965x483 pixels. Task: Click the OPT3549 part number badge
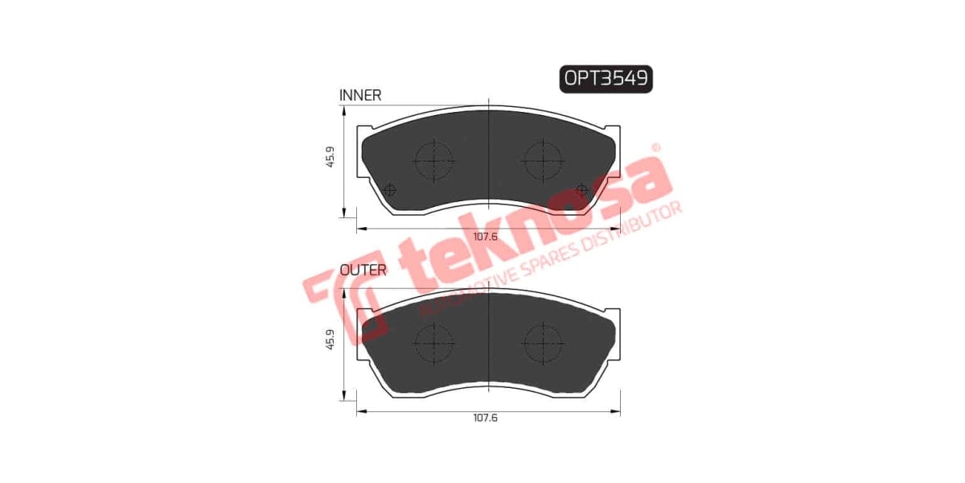[x=606, y=78]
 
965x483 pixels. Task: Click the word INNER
[x=360, y=95]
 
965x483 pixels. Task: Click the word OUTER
[x=363, y=270]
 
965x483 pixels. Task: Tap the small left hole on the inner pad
[x=391, y=191]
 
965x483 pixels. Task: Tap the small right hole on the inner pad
[x=583, y=191]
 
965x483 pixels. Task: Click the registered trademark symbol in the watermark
[x=655, y=148]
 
